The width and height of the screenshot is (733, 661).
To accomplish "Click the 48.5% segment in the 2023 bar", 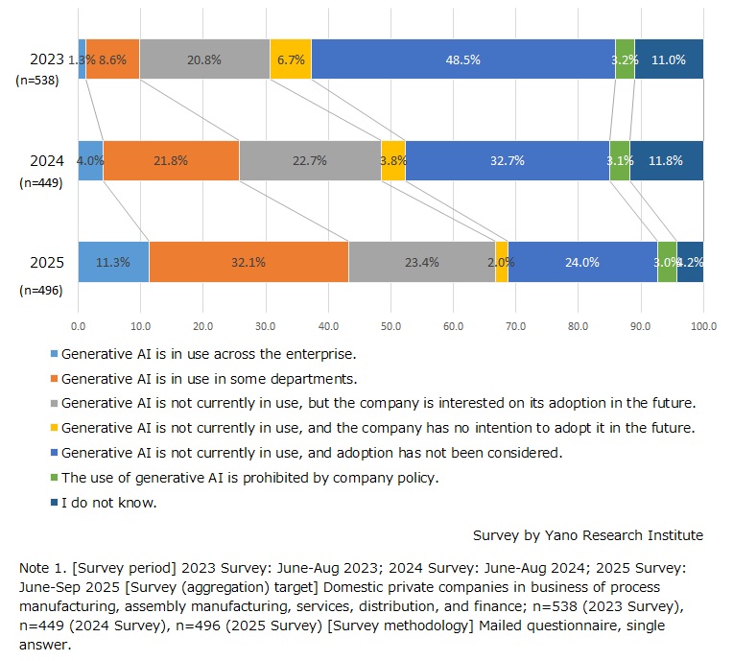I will tap(463, 59).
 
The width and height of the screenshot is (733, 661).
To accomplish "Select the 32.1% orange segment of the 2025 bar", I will tap(248, 262).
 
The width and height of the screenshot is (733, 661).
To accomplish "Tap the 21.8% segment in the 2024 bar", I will tap(171, 161).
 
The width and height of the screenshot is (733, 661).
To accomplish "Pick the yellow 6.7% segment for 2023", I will tap(290, 59).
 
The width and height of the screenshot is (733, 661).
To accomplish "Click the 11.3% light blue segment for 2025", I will tap(113, 262).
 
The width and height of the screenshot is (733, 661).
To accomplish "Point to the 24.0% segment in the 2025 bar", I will tap(582, 262).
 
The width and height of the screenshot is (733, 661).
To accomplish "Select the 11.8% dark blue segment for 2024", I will tap(667, 161).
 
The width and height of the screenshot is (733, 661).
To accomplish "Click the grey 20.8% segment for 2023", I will tap(204, 59).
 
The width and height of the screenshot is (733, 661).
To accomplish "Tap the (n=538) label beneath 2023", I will tap(38, 82).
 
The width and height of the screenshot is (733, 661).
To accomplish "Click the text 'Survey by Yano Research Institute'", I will tap(587, 534).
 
